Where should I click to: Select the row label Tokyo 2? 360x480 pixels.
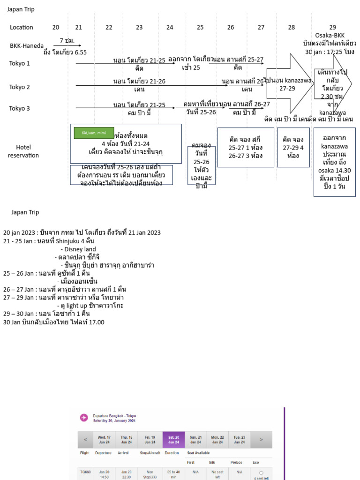tap(20, 87)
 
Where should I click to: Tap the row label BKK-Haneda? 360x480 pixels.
tap(27, 46)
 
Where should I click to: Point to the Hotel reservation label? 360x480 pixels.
tap(23, 151)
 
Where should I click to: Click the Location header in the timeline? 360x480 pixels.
tap(22, 28)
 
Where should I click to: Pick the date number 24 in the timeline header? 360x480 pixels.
tap(170, 28)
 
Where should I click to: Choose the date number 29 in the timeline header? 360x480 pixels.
tap(332, 28)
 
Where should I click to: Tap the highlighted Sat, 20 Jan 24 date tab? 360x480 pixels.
tap(173, 440)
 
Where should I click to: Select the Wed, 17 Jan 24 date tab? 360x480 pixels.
tap(104, 440)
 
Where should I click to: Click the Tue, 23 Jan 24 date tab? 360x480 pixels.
tap(240, 440)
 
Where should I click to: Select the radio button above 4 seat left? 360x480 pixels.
tap(261, 472)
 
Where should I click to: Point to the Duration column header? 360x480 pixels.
tap(172, 453)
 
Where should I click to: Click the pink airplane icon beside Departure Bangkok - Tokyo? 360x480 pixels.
tap(84, 418)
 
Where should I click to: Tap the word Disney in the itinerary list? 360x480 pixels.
tap(75, 249)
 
